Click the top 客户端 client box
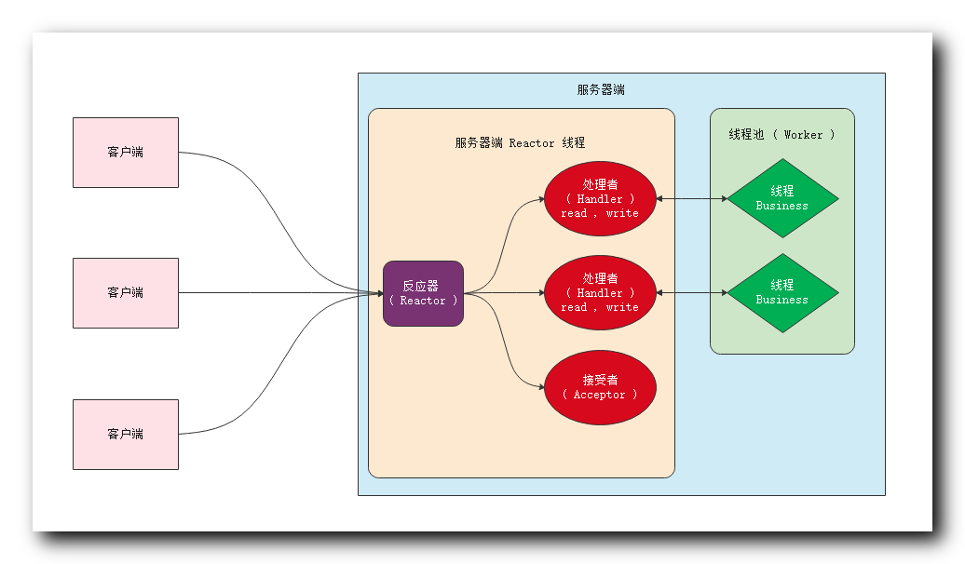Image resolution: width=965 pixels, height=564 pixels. (x=126, y=153)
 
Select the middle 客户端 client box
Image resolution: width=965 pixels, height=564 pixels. (x=126, y=293)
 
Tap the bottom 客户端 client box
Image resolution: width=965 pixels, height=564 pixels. (x=126, y=435)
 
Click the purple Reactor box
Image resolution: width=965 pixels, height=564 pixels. (x=423, y=293)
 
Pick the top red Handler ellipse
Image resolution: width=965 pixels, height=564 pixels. (x=600, y=198)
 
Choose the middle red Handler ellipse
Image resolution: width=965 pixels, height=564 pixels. (x=600, y=293)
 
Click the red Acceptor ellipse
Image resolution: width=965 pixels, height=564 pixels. (x=600, y=387)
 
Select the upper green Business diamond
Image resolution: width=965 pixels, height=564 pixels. (x=782, y=198)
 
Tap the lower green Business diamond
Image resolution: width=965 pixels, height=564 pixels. (x=782, y=293)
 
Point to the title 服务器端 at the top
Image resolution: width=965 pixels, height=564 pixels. (x=601, y=90)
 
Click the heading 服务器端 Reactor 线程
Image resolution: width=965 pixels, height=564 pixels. (x=520, y=143)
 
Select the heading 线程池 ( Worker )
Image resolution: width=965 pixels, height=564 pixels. (x=782, y=135)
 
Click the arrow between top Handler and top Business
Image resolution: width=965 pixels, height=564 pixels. (x=691, y=198)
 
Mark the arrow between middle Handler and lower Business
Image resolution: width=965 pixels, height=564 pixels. (x=691, y=293)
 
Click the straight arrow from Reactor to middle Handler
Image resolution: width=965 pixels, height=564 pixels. (x=504, y=293)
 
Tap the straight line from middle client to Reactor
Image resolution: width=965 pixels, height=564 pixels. (x=279, y=293)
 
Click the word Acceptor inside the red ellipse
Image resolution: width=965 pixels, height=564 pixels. (x=600, y=396)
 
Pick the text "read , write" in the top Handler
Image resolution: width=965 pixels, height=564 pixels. (x=600, y=213)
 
